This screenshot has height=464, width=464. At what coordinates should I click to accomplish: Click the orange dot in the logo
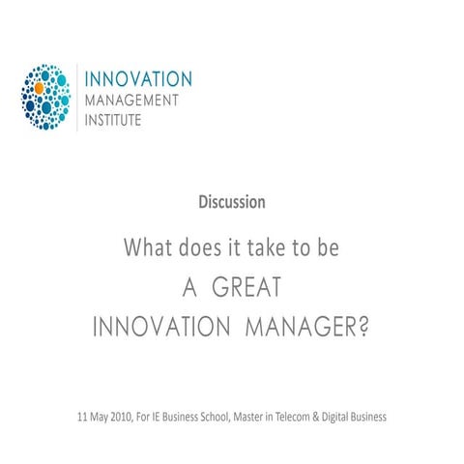40,88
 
